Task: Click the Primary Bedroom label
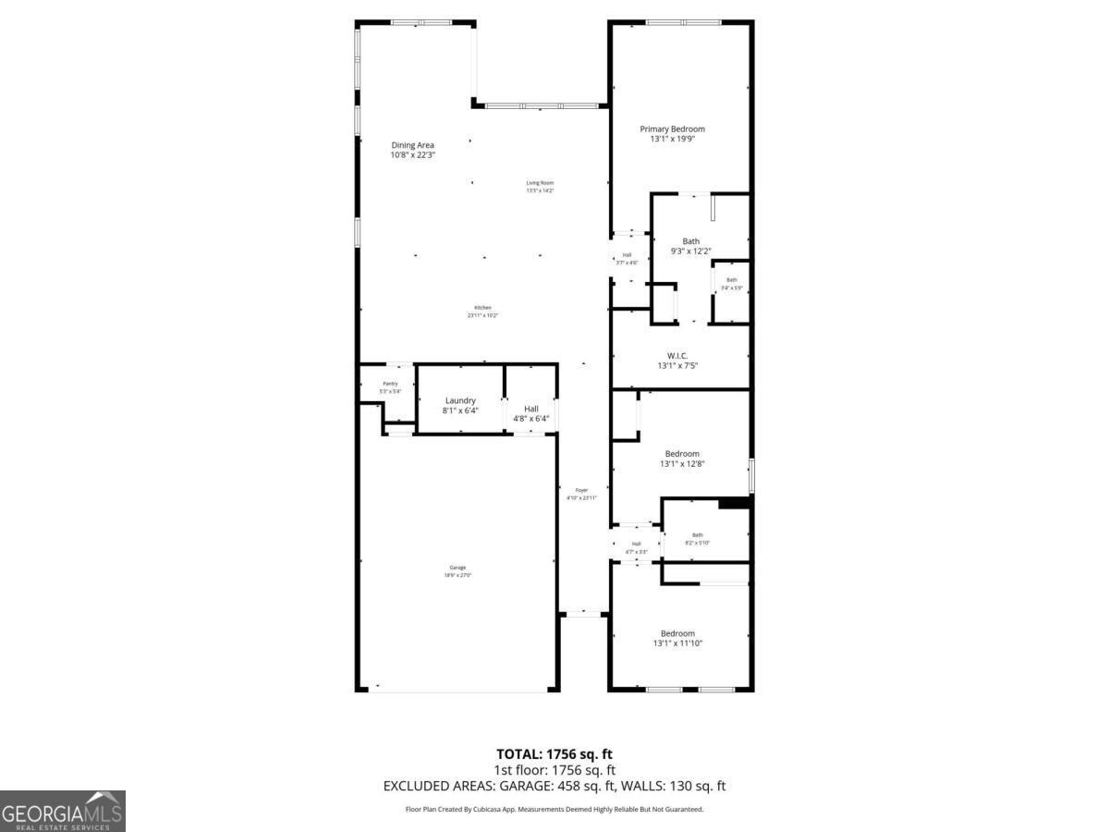[672, 129]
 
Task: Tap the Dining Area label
[412, 145]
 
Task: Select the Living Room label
[540, 183]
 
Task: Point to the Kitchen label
[482, 308]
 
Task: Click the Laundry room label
[460, 400]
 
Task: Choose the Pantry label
[390, 384]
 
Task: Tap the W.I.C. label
[677, 355]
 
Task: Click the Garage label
[457, 568]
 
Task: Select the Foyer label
[581, 490]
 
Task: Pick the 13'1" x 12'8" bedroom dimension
[682, 464]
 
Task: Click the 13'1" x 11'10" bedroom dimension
[677, 643]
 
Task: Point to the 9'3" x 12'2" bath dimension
[690, 251]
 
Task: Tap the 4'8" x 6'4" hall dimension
[531, 419]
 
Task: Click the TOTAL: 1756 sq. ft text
[554, 754]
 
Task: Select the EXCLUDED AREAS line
[554, 786]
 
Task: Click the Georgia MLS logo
[62, 811]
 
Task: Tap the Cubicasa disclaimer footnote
[554, 809]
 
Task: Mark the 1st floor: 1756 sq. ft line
[554, 769]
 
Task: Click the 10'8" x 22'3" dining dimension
[412, 155]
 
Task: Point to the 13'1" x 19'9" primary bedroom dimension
[672, 140]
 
